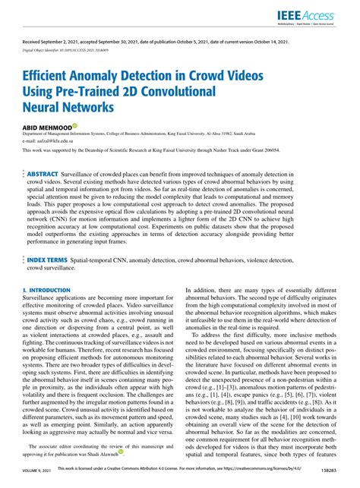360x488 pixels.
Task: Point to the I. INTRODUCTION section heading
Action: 47,290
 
